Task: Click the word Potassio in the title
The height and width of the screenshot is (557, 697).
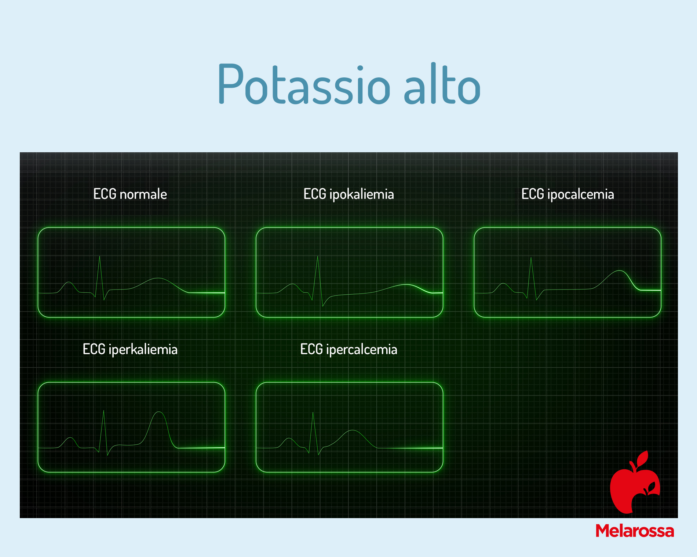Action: point(304,83)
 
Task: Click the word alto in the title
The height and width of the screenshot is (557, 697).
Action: point(442,83)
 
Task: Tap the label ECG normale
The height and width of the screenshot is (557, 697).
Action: point(130,194)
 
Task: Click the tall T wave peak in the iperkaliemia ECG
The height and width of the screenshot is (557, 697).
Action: point(159,412)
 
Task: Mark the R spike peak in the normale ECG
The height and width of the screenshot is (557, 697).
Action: point(99,256)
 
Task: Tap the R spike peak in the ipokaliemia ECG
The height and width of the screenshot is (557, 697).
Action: point(318,256)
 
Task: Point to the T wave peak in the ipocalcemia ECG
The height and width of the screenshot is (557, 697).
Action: point(620,271)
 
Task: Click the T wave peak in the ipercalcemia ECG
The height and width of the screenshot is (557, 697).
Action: point(353,430)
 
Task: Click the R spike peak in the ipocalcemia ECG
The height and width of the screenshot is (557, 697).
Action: point(531,258)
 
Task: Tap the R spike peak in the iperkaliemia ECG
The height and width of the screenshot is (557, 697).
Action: point(104,411)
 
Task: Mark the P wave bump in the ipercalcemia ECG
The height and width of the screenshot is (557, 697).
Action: point(289,438)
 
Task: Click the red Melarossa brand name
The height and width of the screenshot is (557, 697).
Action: point(635,531)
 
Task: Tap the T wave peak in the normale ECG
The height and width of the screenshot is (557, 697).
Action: point(158,278)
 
